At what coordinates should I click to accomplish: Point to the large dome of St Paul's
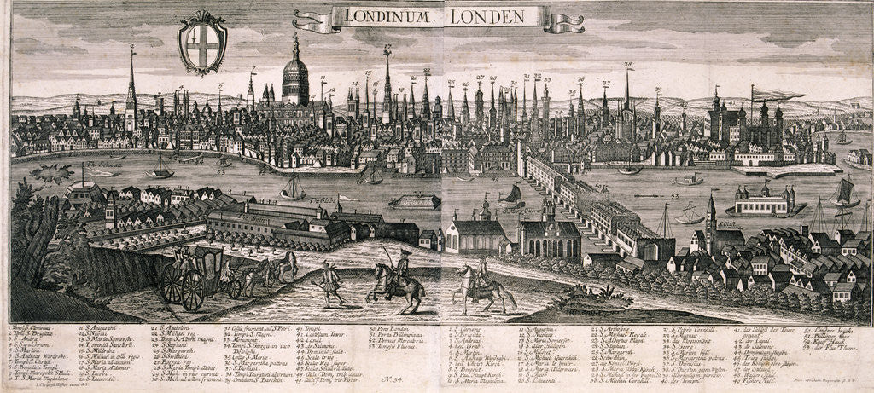295,78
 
